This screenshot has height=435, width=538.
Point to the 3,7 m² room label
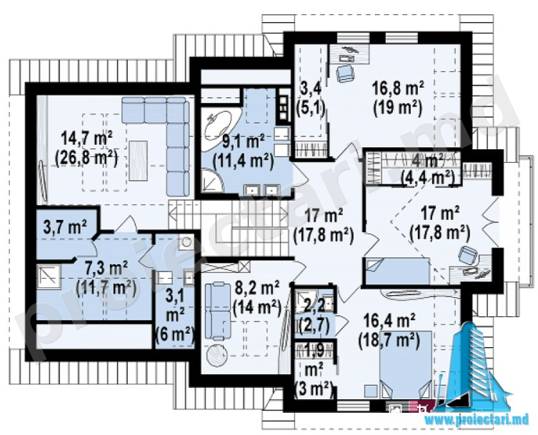65,226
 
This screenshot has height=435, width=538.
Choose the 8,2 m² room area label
256,286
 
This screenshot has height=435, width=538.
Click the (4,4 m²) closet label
428,178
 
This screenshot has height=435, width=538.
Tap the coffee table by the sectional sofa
139,161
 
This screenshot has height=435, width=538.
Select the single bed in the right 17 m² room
397,271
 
